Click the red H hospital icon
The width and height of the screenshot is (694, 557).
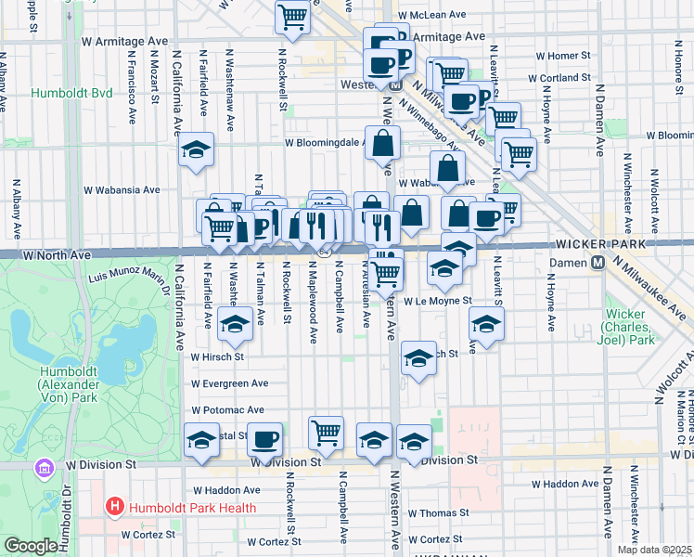coord(115,507)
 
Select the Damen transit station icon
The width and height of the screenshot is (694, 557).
coord(598,263)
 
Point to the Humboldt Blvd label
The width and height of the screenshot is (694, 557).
coord(71,94)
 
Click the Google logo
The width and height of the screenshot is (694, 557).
coord(30,546)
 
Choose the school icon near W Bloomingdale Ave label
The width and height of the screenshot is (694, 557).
coord(197,150)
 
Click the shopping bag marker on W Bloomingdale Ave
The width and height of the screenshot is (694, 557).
coord(383,144)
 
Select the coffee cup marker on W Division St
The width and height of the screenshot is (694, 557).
coord(265,438)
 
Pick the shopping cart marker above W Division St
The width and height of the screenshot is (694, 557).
coord(326,432)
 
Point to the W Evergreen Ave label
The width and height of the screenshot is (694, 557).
coord(229,383)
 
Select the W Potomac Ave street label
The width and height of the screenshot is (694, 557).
coord(228,409)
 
